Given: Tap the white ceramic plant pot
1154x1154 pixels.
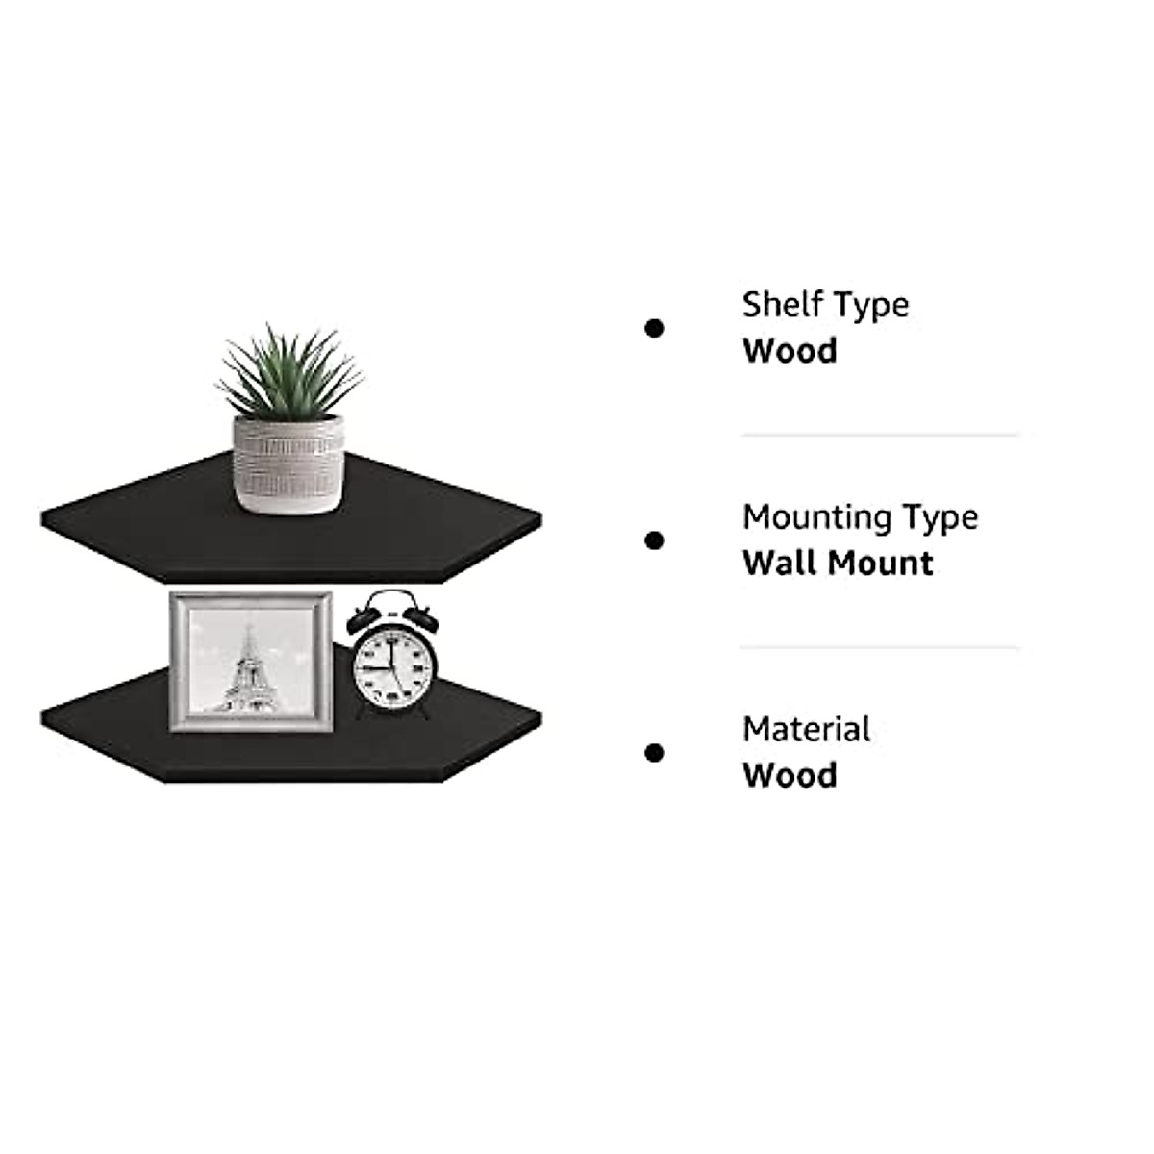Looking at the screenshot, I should click(x=288, y=463).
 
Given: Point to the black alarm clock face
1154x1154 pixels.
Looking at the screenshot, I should click(x=392, y=665).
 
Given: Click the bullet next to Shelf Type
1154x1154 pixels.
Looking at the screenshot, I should click(x=654, y=329).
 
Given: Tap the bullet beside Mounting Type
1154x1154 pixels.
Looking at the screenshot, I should click(x=654, y=541).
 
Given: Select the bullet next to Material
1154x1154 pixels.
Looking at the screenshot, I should click(x=654, y=753).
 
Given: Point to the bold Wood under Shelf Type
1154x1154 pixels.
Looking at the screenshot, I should click(x=790, y=351).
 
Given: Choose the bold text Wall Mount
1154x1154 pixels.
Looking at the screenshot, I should click(x=838, y=564).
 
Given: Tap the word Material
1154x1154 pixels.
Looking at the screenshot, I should click(x=806, y=730).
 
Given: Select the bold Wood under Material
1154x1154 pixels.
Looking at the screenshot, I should click(x=790, y=775).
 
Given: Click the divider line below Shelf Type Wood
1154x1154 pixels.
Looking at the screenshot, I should click(x=879, y=435).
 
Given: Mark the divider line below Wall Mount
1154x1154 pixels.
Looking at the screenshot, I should click(x=879, y=647).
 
